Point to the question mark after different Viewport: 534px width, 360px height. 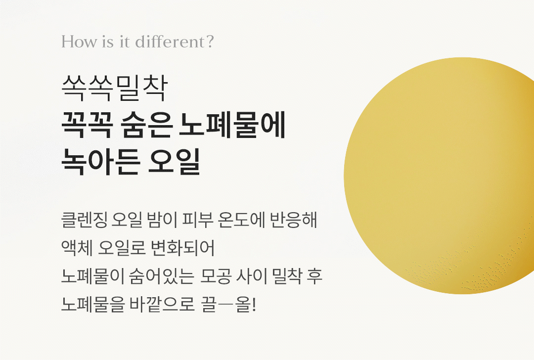210,42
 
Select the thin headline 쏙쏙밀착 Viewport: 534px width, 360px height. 115,88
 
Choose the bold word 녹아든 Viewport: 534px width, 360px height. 101,161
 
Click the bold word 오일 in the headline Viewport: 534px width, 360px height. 174,161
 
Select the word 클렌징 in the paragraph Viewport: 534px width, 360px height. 84,220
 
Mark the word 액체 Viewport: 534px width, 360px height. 77,248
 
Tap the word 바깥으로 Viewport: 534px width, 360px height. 162,304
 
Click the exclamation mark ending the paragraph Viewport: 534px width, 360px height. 253,304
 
